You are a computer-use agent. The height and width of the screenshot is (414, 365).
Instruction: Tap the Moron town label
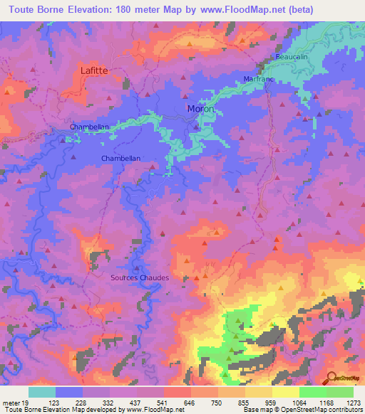[200, 109]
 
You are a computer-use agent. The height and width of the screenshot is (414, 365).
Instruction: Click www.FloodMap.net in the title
[230, 9]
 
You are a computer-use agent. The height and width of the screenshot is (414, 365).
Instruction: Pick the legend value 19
[26, 403]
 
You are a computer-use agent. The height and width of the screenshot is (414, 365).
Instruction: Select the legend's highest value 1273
[354, 403]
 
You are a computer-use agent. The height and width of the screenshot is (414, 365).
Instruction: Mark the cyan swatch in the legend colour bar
[41, 392]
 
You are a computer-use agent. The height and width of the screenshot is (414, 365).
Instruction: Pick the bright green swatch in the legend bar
[312, 392]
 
